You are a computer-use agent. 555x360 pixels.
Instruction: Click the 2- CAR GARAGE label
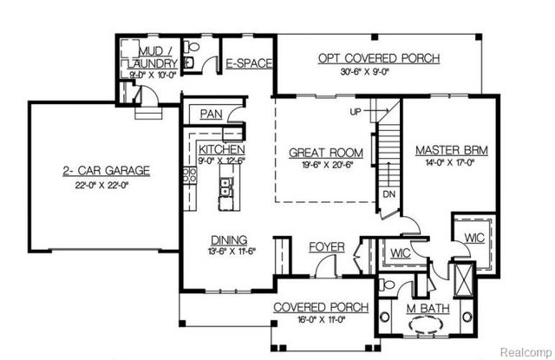pyautogui.click(x=106, y=171)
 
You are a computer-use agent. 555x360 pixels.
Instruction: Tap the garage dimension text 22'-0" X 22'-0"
pyautogui.click(x=106, y=185)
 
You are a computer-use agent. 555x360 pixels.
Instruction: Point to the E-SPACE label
pyautogui.click(x=249, y=63)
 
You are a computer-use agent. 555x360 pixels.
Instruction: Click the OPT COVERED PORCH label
pyautogui.click(x=379, y=58)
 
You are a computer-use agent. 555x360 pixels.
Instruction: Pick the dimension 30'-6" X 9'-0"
pyautogui.click(x=379, y=72)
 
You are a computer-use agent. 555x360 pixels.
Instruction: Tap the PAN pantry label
pyautogui.click(x=211, y=114)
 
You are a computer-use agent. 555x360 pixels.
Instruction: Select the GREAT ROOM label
pyautogui.click(x=325, y=154)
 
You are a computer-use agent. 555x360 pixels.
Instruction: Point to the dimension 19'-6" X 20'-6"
pyautogui.click(x=325, y=167)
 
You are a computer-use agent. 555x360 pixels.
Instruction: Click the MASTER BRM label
pyautogui.click(x=451, y=149)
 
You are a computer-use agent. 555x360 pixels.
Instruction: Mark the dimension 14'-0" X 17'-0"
pyautogui.click(x=451, y=162)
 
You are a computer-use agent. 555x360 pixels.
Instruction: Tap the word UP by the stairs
pyautogui.click(x=355, y=113)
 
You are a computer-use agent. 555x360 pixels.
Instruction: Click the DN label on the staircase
pyautogui.click(x=389, y=194)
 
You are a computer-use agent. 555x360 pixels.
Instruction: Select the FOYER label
pyautogui.click(x=327, y=247)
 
